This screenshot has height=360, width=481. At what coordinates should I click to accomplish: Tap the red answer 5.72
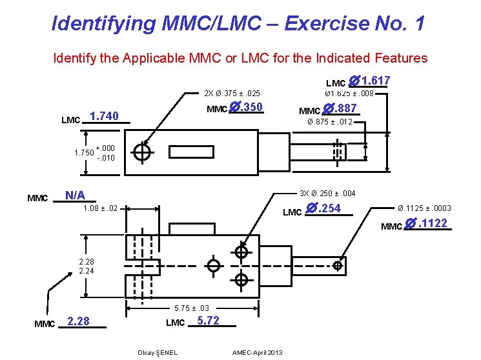(208, 320)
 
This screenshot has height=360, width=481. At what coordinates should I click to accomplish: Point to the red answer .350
(246, 107)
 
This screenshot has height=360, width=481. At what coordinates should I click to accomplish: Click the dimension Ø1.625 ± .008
(349, 94)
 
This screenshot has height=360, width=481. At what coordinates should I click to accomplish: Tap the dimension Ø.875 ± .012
(329, 122)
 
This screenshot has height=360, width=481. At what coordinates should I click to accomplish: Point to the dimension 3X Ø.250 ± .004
(327, 194)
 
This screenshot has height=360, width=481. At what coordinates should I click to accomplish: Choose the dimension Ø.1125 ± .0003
(424, 208)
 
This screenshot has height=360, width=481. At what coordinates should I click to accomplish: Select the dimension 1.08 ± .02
(100, 209)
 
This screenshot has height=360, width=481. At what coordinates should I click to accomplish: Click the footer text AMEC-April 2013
(258, 352)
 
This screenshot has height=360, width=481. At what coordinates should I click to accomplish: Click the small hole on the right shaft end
(337, 265)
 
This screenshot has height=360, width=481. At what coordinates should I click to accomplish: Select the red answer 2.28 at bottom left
(78, 321)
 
